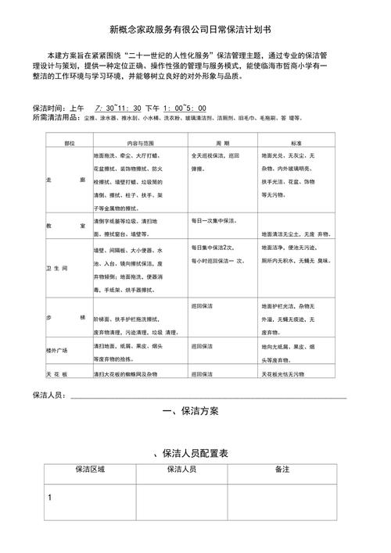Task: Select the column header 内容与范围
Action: pos(141,144)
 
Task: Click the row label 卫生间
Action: pos(59,268)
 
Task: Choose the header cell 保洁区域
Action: pos(89,470)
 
